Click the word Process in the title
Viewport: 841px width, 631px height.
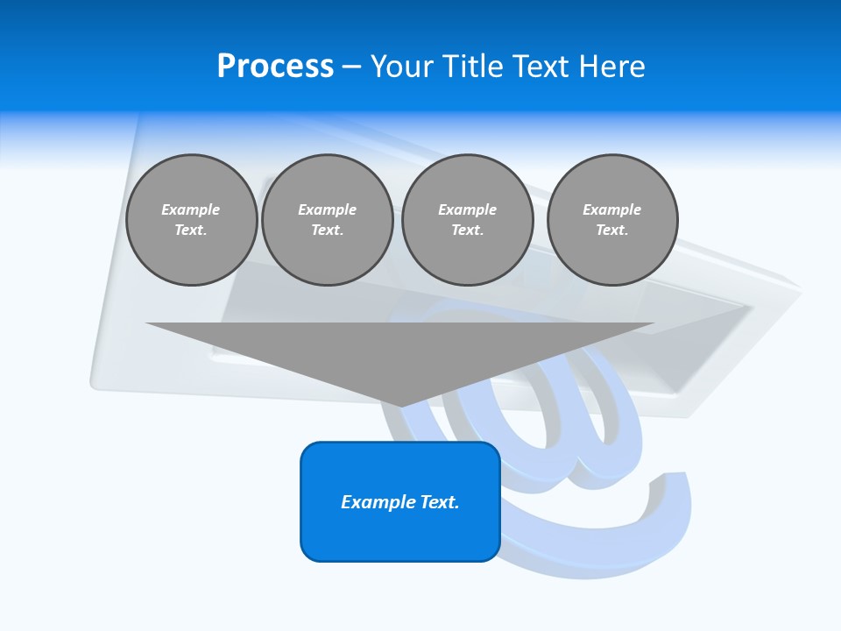pyautogui.click(x=275, y=67)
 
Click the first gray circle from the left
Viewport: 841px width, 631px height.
pyautogui.click(x=192, y=220)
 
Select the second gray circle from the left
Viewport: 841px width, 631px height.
pyautogui.click(x=328, y=220)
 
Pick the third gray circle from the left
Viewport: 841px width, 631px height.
pyautogui.click(x=468, y=220)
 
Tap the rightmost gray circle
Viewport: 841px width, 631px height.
pyautogui.click(x=612, y=220)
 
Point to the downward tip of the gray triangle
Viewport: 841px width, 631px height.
pyautogui.click(x=400, y=405)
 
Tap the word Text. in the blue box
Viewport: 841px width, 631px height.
pyautogui.click(x=440, y=502)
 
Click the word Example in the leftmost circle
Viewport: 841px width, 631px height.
pyautogui.click(x=191, y=209)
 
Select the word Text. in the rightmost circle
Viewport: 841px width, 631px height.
pyautogui.click(x=612, y=230)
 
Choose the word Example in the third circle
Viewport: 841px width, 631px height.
pyautogui.click(x=468, y=209)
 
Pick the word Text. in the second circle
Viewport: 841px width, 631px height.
pyautogui.click(x=328, y=230)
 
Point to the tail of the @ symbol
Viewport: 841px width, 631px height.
pyautogui.click(x=675, y=491)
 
